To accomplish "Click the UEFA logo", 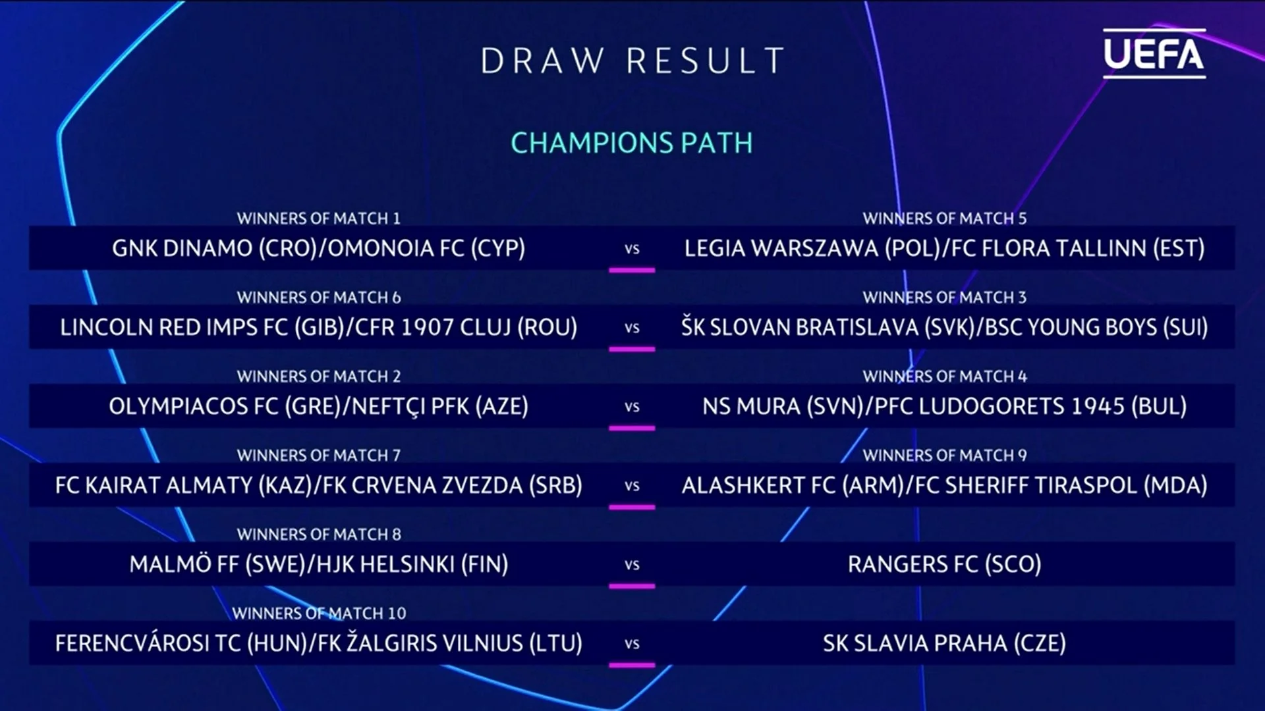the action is pos(1154,53).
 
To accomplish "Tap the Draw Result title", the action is pos(632,61).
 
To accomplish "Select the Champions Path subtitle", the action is pos(632,143).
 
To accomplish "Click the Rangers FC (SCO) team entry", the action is pos(944,564).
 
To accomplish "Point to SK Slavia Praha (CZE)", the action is pos(944,643).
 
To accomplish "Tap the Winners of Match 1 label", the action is pos(319,218).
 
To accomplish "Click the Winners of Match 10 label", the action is pos(319,613).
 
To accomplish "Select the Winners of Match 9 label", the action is pos(945,455).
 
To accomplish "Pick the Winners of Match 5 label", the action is pos(945,218).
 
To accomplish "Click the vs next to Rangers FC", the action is pos(632,565).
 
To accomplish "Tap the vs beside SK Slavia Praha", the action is pos(632,644).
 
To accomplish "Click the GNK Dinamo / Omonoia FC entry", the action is pos(319,248).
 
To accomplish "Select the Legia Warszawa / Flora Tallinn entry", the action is pos(944,248).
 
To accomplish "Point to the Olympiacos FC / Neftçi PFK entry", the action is pos(319,406).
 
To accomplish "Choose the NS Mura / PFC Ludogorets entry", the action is pos(944,406).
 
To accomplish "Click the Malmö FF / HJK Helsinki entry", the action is pos(319,564).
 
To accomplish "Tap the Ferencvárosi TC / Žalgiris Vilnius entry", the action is pos(319,643).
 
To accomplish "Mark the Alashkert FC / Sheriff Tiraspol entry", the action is pos(944,485).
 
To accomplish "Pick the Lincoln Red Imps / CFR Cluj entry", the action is pos(319,327).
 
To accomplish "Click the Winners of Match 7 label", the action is pos(319,455).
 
